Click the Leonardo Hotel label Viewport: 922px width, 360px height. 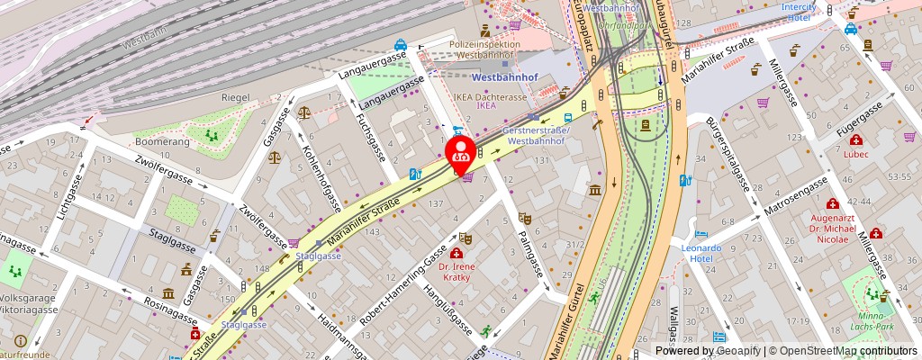pos(701,253)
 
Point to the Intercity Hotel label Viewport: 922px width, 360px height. pos(799,12)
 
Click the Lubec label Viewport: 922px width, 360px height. pos(856,154)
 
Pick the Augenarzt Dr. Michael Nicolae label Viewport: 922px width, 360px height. pos(828,229)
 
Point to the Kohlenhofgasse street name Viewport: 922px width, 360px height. pos(321,175)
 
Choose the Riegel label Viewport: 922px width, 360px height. pos(210,96)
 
